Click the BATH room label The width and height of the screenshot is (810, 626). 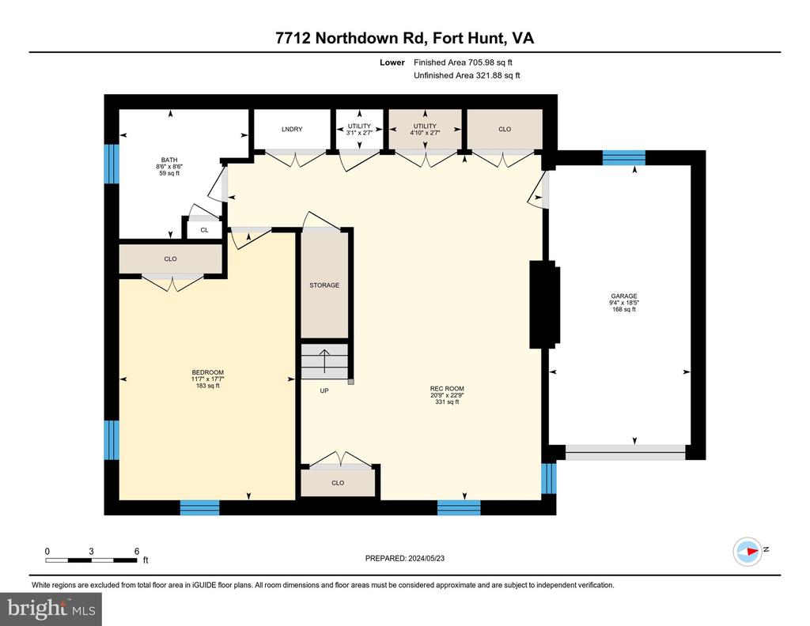169,160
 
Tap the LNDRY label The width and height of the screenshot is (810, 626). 292,129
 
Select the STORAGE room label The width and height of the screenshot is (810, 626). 324,285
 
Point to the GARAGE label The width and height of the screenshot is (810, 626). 624,296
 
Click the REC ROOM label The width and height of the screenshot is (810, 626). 447,389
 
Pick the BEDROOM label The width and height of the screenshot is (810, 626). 208,372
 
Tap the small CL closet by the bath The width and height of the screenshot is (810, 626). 205,230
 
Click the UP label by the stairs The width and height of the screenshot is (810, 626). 324,390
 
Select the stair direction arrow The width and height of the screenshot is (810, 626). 324,360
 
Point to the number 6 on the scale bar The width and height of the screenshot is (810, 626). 137,551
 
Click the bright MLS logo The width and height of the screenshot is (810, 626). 51,609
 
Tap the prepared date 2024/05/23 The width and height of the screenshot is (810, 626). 426,558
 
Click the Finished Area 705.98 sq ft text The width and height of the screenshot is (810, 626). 463,62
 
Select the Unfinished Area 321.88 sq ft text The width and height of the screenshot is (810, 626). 467,75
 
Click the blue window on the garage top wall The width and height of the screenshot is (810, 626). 624,157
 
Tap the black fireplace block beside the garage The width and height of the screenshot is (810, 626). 544,304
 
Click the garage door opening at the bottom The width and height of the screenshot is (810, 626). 626,452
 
